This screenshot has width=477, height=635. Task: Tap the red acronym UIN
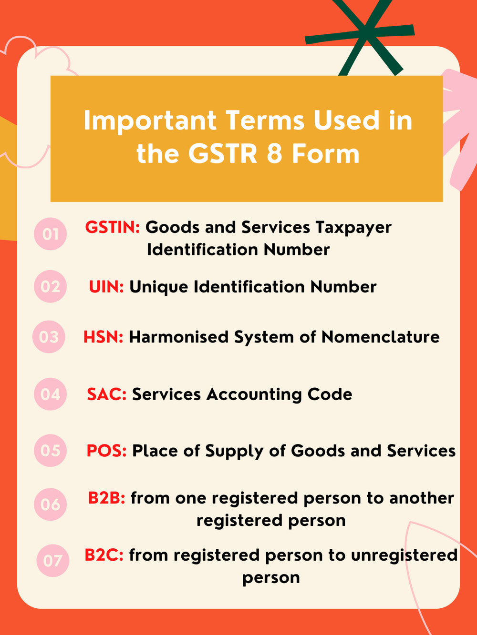tap(106, 287)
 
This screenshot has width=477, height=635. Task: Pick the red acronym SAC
tap(106, 394)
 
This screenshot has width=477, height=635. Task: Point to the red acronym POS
tap(106, 451)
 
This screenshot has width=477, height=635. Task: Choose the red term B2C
tap(104, 555)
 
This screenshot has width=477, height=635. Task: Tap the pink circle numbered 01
tap(50, 234)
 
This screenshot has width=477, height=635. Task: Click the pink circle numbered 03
tap(49, 337)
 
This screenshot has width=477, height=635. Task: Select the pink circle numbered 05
tap(50, 450)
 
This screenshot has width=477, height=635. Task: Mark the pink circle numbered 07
tap(52, 561)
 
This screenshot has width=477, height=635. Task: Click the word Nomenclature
tap(380, 337)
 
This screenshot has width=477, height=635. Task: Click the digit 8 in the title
tap(274, 153)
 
